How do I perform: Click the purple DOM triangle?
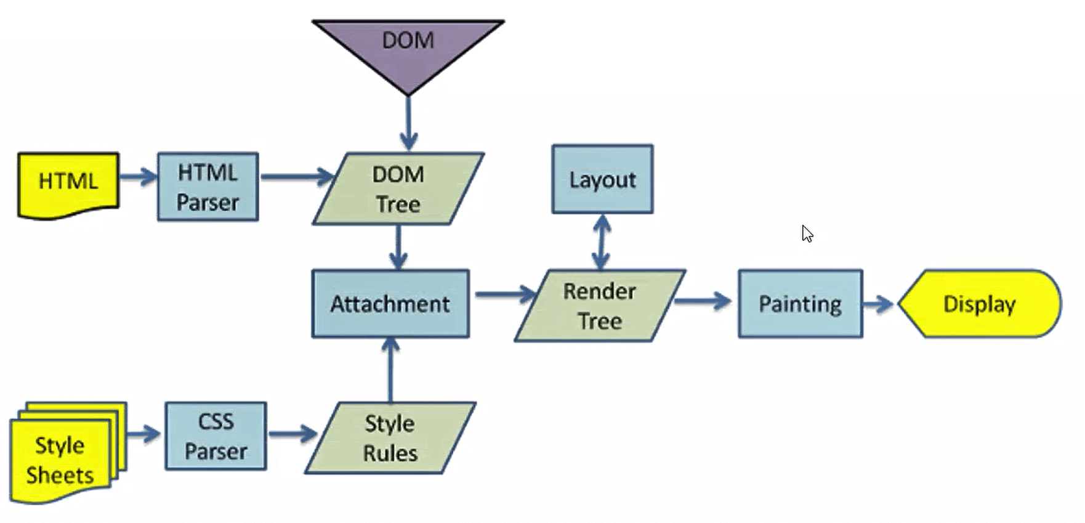point(408,49)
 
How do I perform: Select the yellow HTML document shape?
point(68,184)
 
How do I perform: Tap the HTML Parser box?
point(208,187)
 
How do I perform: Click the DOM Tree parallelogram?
point(398,189)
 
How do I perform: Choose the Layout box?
point(602,179)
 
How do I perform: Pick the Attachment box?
point(390,304)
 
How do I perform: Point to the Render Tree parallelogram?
point(600,306)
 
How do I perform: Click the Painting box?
point(800,304)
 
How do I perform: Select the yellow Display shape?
point(979,304)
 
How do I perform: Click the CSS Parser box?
point(216,437)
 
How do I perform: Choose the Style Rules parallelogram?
point(390,438)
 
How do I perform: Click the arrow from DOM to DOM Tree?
point(408,123)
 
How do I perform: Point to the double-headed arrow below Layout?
point(602,241)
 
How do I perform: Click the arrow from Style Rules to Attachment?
point(390,370)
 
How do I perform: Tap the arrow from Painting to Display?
point(878,303)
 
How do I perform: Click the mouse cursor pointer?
point(807,233)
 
